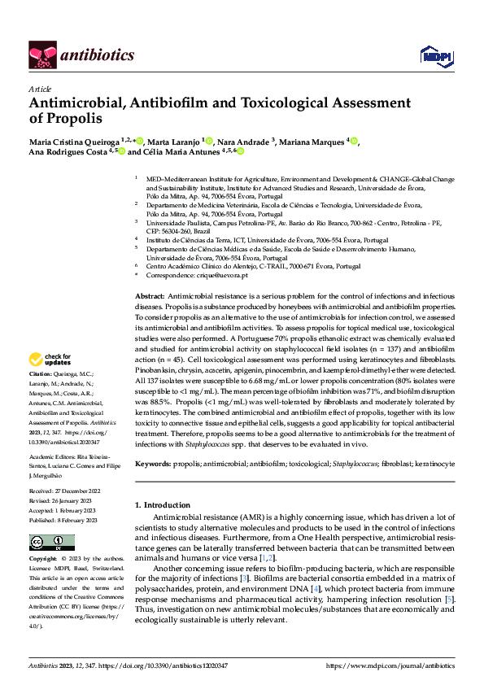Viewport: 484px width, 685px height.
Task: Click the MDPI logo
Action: pos(432,55)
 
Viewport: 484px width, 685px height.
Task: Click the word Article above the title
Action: pos(39,89)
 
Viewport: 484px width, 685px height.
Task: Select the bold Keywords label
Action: pos(152,463)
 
